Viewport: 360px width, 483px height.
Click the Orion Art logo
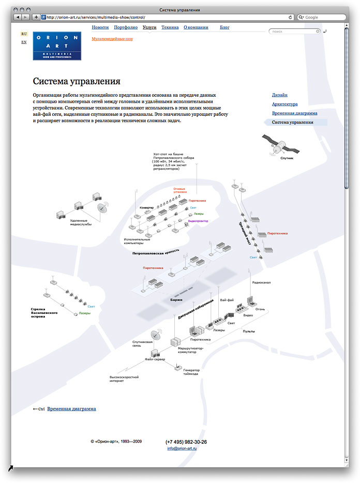point(57,46)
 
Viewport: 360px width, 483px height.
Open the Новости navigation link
point(100,27)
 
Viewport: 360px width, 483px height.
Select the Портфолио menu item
point(126,27)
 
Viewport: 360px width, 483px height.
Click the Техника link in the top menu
point(170,27)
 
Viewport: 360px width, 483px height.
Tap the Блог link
point(224,27)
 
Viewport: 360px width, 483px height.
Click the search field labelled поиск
point(292,32)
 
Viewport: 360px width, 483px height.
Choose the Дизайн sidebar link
point(280,95)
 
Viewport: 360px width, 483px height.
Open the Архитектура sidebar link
point(284,104)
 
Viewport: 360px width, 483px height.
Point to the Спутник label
point(287,158)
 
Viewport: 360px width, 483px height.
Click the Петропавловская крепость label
point(156,253)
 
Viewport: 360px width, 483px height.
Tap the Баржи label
point(176,299)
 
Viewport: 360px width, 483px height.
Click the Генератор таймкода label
point(191,372)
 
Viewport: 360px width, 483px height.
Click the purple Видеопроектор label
point(198,221)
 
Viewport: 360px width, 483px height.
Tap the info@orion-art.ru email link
point(182,448)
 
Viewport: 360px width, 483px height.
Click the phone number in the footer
point(186,442)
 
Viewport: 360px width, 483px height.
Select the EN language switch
point(24,42)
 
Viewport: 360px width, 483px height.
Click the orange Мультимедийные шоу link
point(112,39)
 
